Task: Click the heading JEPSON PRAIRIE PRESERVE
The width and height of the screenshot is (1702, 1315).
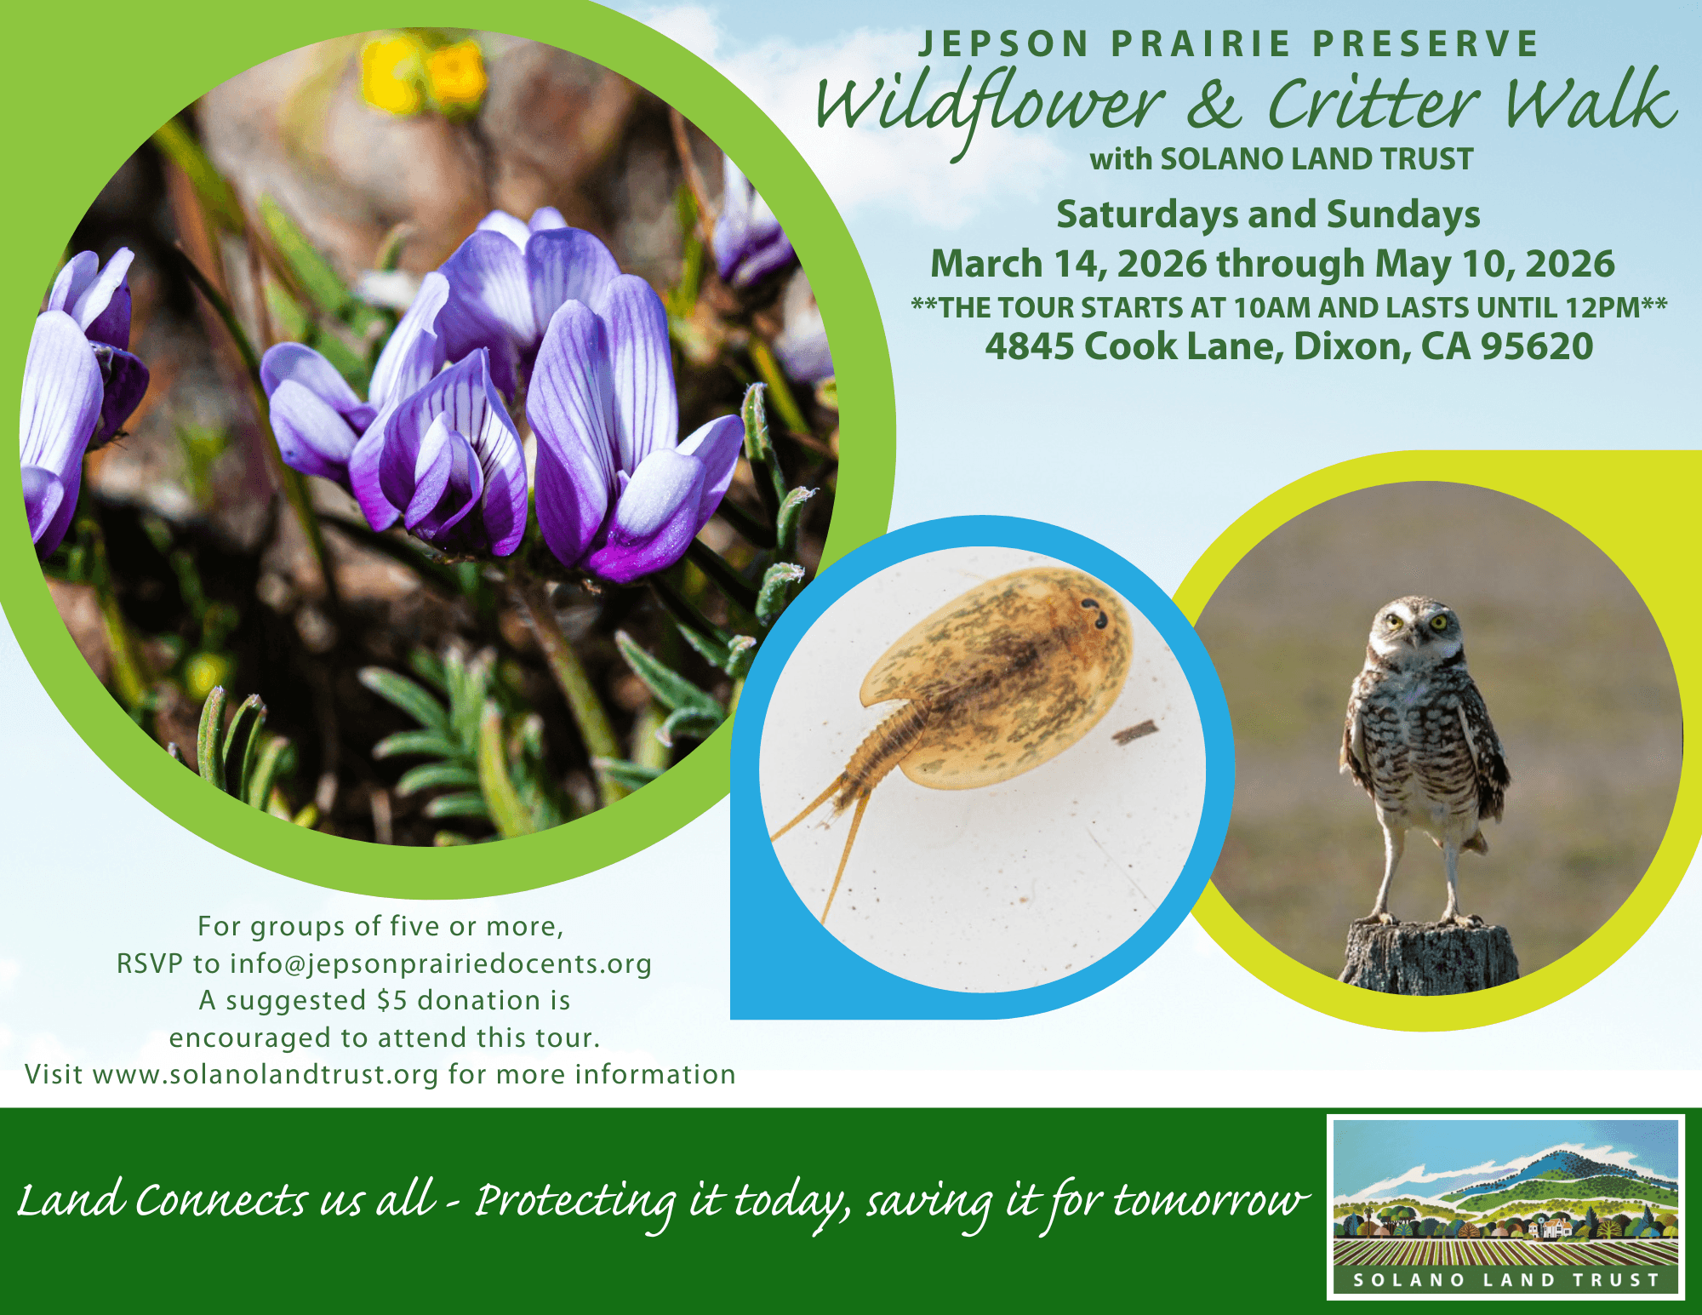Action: pyautogui.click(x=1229, y=44)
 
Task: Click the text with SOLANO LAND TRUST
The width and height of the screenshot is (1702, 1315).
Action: pyautogui.click(x=1282, y=159)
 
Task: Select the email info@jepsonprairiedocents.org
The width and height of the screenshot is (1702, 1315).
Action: pyautogui.click(x=441, y=964)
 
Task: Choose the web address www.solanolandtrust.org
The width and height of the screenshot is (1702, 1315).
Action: pyautogui.click(x=266, y=1075)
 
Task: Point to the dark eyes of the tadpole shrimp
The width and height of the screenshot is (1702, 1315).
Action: pyautogui.click(x=1094, y=614)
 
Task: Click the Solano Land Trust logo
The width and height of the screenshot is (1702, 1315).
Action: pyautogui.click(x=1506, y=1207)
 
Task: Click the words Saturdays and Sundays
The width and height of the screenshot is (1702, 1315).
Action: pyautogui.click(x=1268, y=214)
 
